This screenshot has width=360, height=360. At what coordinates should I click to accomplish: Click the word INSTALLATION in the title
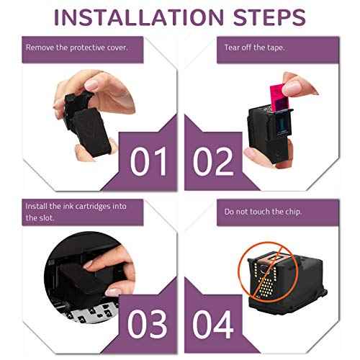(139, 17)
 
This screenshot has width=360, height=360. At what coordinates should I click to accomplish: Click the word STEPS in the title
(269, 17)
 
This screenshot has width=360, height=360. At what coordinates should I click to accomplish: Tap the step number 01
(148, 161)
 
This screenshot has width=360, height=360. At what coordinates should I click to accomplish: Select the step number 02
(213, 161)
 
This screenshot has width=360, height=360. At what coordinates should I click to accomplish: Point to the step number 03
(147, 324)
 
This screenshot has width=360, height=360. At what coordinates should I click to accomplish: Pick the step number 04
(213, 324)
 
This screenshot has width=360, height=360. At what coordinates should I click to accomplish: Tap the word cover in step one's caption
(117, 48)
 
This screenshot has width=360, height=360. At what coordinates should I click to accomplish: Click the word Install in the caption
(36, 206)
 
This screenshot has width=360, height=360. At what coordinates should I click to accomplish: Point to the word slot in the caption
(46, 217)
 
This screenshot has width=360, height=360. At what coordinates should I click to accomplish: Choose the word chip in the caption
(292, 212)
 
